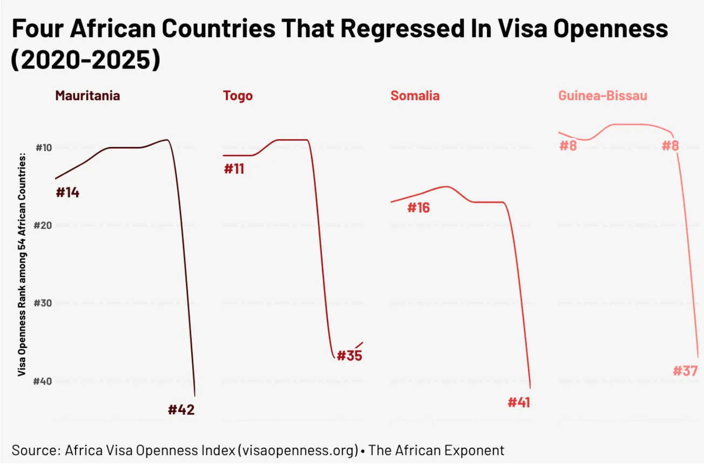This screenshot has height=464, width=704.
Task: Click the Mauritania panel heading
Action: point(87,96)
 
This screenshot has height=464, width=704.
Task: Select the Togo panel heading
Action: point(238,96)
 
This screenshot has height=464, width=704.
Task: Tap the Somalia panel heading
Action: point(415,96)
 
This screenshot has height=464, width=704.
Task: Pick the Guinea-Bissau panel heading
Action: point(603,96)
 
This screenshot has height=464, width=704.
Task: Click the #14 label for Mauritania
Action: point(67,193)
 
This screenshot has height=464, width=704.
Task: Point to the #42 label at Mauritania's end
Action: point(181,410)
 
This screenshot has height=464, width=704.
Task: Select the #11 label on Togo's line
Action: point(234,169)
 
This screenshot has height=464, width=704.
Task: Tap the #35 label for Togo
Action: point(349,356)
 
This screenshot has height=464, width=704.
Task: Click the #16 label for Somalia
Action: point(418,208)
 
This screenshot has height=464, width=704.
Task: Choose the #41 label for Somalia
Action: point(519,402)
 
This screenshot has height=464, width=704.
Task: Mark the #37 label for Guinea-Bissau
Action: point(685,371)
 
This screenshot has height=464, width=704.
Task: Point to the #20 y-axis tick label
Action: point(43,226)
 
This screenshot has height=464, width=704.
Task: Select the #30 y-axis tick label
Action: point(43,303)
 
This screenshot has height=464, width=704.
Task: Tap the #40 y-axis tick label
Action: point(43,381)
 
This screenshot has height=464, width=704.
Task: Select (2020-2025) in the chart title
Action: point(85,60)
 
